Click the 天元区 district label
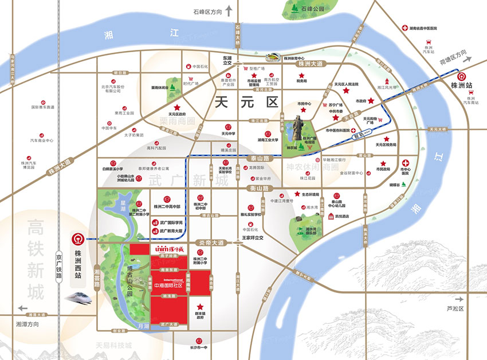[245, 103]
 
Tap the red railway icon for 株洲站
[459, 76]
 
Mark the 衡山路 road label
[259, 187]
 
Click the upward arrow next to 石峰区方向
[229, 10]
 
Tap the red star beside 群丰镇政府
[199, 307]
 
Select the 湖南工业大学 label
[268, 139]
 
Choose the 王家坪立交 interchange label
[252, 237]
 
